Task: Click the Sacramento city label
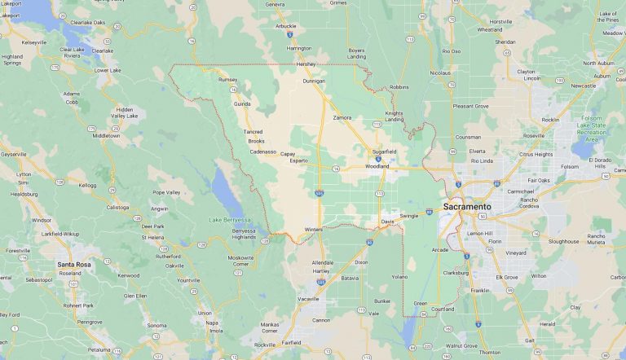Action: (467, 207)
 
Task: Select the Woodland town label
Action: (377, 166)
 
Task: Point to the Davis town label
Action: (387, 222)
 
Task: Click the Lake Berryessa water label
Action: (227, 221)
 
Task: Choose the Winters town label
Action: (314, 229)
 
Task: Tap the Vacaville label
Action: (309, 299)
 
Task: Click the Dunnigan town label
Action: (314, 81)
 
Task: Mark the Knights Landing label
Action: (395, 116)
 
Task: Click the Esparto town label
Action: (299, 160)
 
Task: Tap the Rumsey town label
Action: (228, 80)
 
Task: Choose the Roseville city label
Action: (534, 135)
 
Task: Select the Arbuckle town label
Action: (286, 26)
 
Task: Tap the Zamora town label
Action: (342, 117)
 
